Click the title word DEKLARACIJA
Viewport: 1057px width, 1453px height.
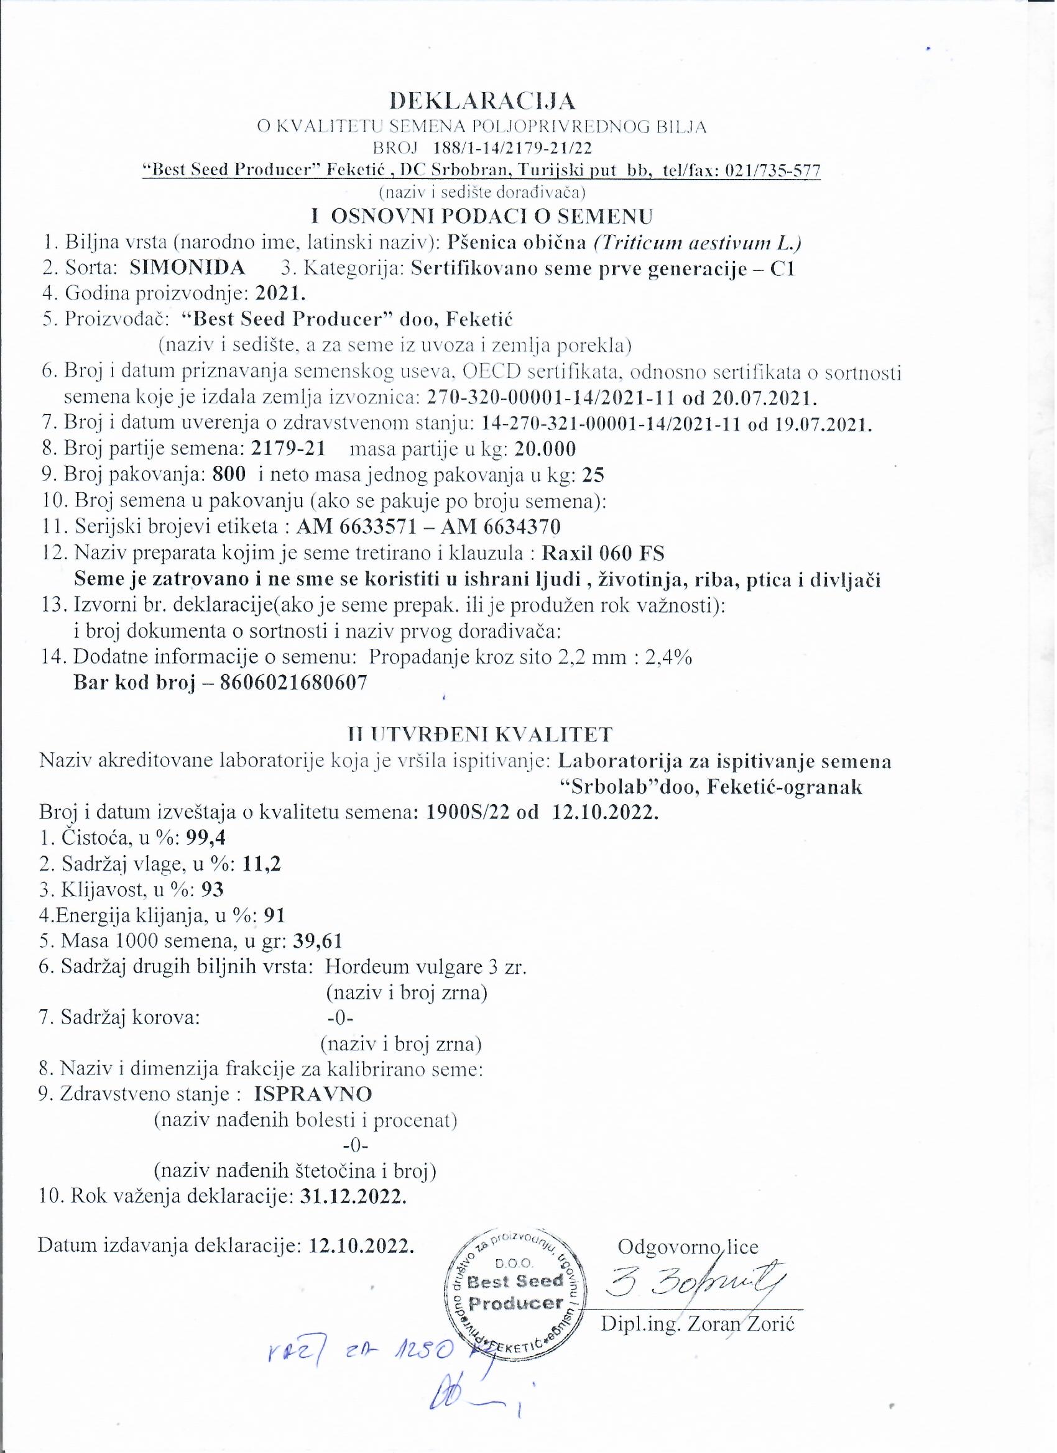tap(482, 101)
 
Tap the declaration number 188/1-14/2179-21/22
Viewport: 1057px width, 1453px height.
tap(512, 149)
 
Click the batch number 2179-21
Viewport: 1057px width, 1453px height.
tap(288, 449)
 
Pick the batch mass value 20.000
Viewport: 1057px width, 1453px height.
tap(545, 449)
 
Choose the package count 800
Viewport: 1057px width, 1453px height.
tap(229, 475)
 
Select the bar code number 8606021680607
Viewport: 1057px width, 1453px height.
tap(293, 682)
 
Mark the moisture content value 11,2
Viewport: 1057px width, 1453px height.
tap(262, 864)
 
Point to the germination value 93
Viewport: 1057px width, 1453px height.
tap(212, 889)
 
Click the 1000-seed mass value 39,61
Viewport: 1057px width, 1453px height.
tap(317, 940)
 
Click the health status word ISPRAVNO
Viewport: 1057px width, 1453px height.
tap(313, 1093)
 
